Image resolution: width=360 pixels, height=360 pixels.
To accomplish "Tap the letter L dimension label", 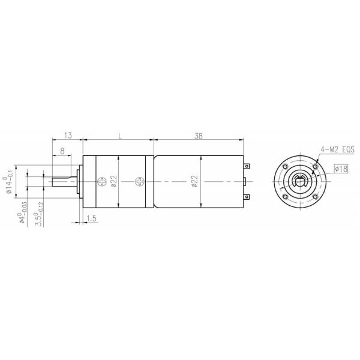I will click(x=121, y=137).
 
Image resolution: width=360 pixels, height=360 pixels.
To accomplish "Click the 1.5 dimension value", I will click(x=92, y=218).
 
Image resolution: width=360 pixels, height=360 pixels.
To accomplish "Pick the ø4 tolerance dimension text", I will click(x=22, y=213).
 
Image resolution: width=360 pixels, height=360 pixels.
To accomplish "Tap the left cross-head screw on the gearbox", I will click(x=101, y=181).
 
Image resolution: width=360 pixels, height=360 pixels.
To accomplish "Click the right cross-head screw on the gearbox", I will click(x=140, y=181).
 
